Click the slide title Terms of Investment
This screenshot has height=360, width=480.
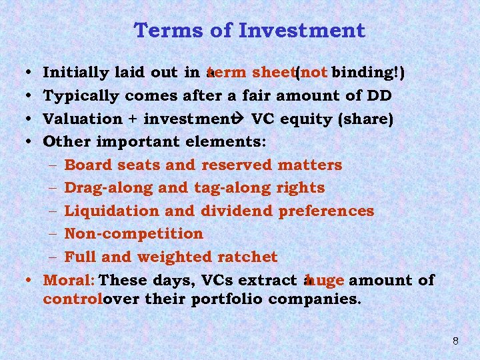tap(249, 31)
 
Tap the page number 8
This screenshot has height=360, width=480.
tap(455, 341)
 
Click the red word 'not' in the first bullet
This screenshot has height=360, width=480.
tap(314, 72)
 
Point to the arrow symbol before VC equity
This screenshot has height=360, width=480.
tap(241, 119)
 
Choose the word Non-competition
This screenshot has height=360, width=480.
tap(133, 234)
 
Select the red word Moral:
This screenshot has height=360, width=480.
tap(68, 280)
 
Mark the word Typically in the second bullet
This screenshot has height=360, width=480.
tap(81, 95)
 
